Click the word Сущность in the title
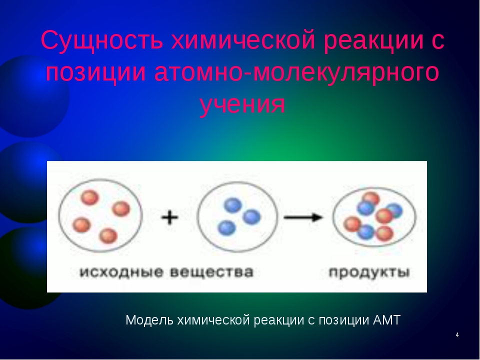[101, 40]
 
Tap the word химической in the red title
[243, 40]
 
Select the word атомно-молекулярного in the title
[296, 73]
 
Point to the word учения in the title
[242, 104]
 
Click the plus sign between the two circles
[169, 217]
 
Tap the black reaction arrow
[303, 217]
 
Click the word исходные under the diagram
[121, 272]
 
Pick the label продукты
[369, 272]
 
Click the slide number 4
[457, 335]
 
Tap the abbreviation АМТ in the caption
[386, 320]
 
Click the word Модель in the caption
[149, 320]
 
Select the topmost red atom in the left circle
[90, 198]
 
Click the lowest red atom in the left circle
[108, 235]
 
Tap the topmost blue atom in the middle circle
[233, 205]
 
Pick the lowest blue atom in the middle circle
[226, 228]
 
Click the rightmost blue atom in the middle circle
[251, 216]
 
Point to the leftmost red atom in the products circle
[352, 224]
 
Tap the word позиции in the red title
[96, 73]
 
